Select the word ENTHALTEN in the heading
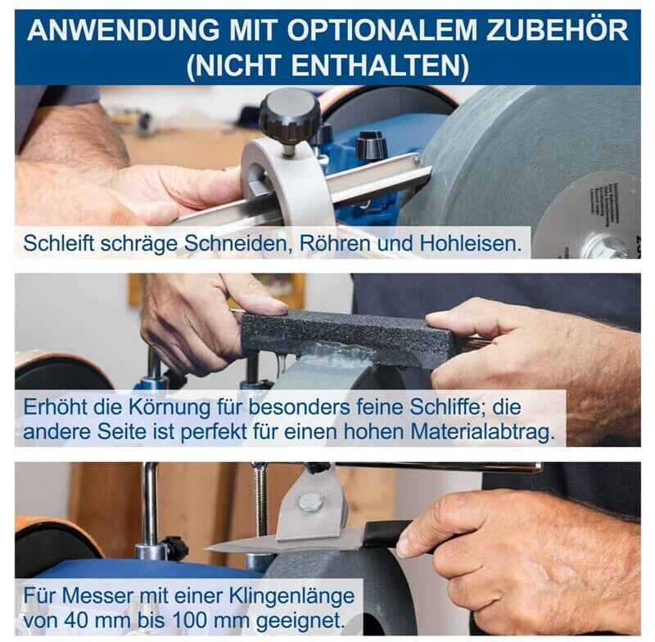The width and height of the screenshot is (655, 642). (x=381, y=66)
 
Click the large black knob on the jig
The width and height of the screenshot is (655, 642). (x=289, y=116)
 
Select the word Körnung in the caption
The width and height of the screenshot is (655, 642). (x=169, y=407)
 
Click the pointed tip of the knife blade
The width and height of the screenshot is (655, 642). (x=206, y=548)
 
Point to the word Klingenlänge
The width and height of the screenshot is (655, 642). (x=291, y=596)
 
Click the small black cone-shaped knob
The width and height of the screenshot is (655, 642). (x=370, y=147)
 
